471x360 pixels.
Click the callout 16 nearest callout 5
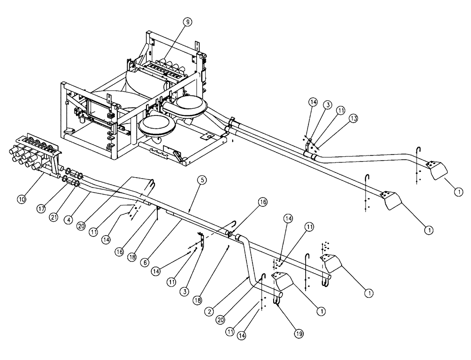pos(261,201)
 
